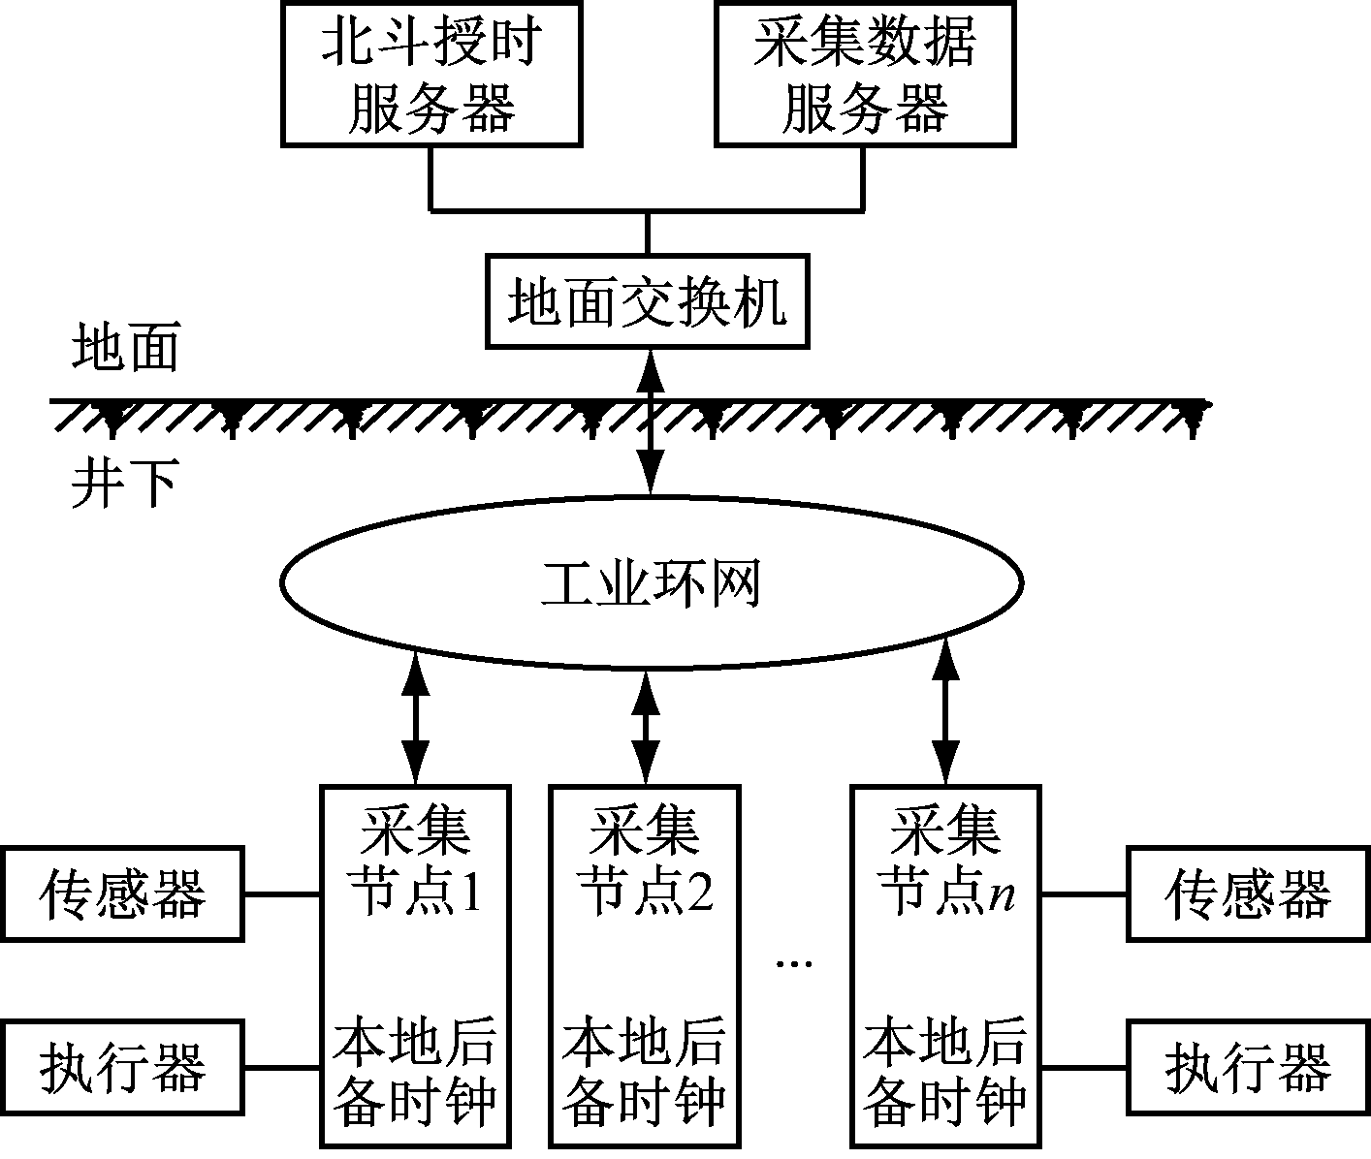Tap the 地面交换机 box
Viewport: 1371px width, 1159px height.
tap(647, 301)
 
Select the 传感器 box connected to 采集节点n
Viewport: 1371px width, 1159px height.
tap(1248, 893)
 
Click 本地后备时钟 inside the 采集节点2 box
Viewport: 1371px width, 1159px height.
tap(646, 1072)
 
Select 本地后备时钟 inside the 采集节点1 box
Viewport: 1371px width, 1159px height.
tap(416, 1072)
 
